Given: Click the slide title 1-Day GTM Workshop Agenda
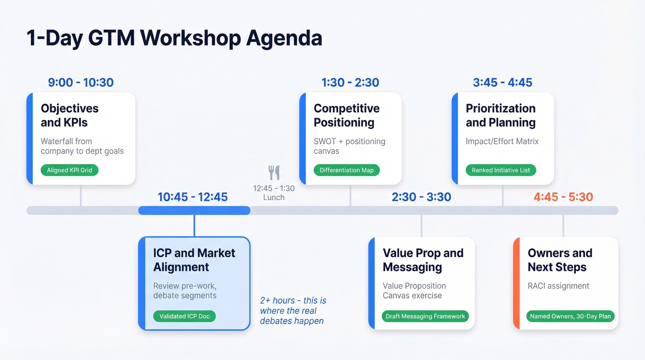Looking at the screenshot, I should point(174,38).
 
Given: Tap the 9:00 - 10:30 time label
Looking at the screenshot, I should point(81,83).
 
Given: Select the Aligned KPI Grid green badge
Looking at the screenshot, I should point(70,170).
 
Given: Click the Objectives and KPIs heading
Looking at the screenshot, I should point(70,115).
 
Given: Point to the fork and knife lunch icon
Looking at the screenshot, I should point(274,172).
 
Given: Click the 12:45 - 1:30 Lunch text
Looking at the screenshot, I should point(274,193).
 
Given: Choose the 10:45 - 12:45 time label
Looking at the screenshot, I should point(193,197).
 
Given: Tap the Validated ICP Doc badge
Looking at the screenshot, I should point(184,316).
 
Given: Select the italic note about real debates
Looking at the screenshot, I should point(293,310).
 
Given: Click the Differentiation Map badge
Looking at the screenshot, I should point(346,170).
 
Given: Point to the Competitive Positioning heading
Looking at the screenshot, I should point(346,115).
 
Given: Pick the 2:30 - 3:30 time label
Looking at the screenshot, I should point(421,197).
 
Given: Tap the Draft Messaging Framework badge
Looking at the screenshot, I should point(425,316).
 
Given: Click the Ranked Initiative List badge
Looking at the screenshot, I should point(501,170).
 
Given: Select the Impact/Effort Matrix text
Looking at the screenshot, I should point(502,142).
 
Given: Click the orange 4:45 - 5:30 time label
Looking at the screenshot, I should point(563,197).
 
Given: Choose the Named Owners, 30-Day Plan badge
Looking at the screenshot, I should point(570,316).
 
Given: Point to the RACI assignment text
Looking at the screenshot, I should point(558,286).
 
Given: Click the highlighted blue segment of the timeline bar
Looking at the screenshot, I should point(194,211).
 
